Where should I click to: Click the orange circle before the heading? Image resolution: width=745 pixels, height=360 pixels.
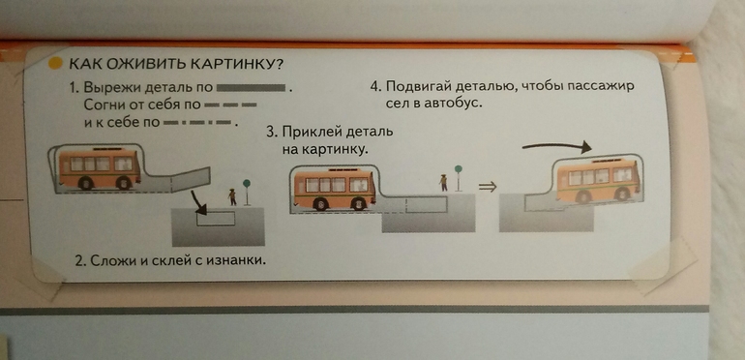[55, 63]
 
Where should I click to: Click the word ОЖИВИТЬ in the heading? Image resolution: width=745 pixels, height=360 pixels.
[146, 64]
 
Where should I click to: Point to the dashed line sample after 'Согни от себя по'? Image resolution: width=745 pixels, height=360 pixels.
[231, 105]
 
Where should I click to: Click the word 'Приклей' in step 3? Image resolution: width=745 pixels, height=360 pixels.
[313, 132]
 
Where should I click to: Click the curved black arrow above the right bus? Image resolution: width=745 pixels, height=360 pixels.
[556, 146]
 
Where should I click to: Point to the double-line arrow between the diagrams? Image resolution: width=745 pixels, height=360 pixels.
[487, 187]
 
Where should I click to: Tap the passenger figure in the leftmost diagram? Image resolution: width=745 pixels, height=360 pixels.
[232, 196]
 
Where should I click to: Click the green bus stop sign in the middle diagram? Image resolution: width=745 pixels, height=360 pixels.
[458, 168]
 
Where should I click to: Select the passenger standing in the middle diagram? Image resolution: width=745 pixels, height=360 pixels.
[444, 183]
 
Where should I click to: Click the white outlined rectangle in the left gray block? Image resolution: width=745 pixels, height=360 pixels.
[216, 219]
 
